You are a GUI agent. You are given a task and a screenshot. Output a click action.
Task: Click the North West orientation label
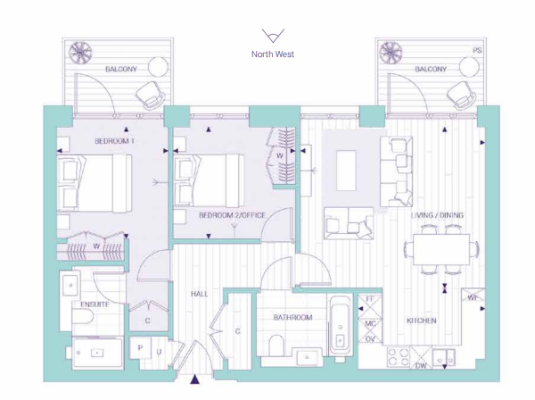273,54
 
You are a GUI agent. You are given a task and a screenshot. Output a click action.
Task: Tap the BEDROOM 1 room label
114,141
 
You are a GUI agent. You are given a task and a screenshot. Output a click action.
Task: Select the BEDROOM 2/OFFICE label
232,215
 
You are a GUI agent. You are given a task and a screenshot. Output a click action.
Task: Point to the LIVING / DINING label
438,215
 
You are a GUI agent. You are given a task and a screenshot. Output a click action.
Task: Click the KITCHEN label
422,321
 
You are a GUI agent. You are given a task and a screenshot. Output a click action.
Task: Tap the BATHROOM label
292,317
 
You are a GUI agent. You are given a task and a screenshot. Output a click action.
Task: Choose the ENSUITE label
95,304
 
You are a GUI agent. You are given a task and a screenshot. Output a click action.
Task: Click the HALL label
199,294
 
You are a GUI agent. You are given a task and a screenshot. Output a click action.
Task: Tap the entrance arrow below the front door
194,379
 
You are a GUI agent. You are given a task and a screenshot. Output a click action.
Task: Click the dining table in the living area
441,249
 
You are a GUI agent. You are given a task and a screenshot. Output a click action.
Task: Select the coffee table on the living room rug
346,171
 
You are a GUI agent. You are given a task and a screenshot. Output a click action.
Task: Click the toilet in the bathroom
276,345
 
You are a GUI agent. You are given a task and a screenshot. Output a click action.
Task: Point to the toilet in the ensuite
83,316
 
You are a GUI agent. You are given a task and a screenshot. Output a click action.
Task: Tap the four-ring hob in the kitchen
399,356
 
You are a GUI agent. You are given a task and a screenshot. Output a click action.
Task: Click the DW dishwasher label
421,365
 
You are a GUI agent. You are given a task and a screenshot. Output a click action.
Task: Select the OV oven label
370,339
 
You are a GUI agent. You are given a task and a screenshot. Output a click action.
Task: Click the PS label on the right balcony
477,50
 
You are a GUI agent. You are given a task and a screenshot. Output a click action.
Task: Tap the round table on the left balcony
158,67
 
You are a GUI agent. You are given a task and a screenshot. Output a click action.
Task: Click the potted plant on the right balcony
391,53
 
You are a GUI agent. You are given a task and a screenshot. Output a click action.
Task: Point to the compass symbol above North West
273,36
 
